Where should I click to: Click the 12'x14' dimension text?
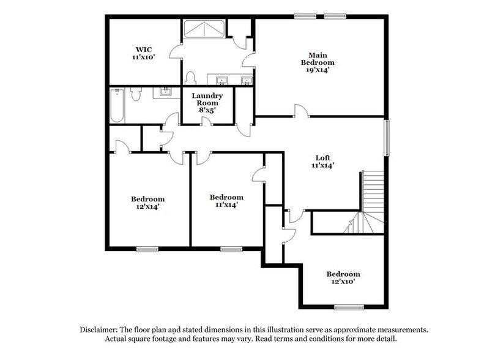[x=147, y=207]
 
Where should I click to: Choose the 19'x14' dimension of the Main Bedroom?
[x=318, y=70]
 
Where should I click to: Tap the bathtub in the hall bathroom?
[x=119, y=105]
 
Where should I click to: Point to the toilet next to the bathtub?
[x=139, y=95]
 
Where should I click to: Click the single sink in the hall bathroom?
[x=165, y=92]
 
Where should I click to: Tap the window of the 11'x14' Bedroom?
[x=230, y=249]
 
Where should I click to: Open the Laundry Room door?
[x=209, y=120]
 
